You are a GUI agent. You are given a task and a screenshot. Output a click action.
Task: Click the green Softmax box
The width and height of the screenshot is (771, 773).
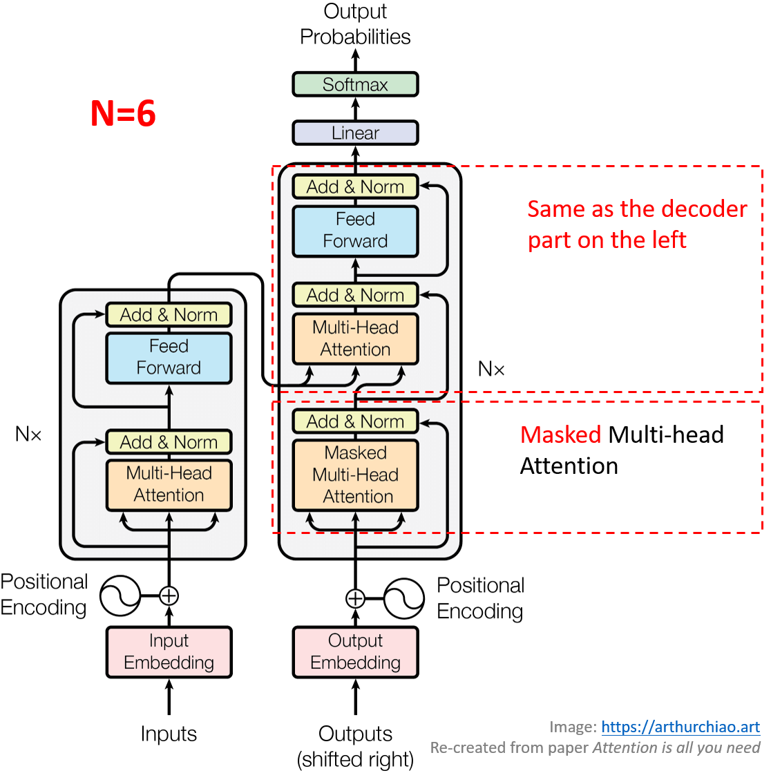click(x=355, y=84)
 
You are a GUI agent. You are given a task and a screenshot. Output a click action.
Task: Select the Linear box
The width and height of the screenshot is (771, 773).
click(x=355, y=133)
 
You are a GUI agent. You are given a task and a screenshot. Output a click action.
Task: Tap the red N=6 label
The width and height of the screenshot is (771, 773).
click(x=123, y=114)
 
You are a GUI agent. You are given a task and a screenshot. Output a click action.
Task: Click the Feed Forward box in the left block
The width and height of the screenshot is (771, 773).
click(x=169, y=357)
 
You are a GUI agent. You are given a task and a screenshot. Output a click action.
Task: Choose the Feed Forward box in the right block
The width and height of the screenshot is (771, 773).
click(x=355, y=231)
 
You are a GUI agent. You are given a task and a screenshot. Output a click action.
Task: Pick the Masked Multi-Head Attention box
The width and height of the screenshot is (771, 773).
click(x=355, y=475)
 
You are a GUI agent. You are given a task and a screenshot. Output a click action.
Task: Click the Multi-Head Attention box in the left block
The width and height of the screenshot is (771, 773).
click(x=169, y=484)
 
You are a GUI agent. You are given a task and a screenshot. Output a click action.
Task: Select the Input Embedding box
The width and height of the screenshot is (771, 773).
click(x=169, y=651)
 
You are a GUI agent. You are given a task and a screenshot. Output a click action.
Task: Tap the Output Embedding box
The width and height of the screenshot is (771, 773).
click(x=355, y=651)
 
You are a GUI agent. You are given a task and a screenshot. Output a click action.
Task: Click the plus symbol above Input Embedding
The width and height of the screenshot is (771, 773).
click(x=169, y=595)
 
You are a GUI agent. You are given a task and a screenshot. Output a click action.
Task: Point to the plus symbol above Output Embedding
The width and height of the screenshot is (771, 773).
click(x=355, y=598)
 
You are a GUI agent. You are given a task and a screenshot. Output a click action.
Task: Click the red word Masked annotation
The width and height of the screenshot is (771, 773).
click(x=560, y=435)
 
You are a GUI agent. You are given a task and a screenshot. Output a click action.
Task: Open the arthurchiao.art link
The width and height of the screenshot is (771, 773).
click(x=680, y=727)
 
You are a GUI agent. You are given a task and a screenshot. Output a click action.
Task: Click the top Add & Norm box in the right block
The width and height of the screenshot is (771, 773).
click(x=355, y=187)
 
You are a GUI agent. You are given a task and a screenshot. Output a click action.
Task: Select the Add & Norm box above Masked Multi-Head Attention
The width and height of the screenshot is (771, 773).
click(x=355, y=421)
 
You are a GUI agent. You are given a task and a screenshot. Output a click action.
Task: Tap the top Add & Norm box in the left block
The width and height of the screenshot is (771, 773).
click(x=169, y=315)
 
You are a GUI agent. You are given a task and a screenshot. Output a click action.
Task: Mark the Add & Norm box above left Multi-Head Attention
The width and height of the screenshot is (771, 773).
click(x=169, y=442)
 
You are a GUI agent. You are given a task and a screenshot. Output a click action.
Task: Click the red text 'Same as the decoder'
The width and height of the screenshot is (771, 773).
click(x=637, y=209)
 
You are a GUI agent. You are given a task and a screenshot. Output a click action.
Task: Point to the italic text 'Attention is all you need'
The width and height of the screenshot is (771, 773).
click(x=676, y=747)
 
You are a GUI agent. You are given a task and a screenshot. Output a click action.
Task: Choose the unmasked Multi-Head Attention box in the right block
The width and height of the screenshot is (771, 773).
click(x=355, y=338)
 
